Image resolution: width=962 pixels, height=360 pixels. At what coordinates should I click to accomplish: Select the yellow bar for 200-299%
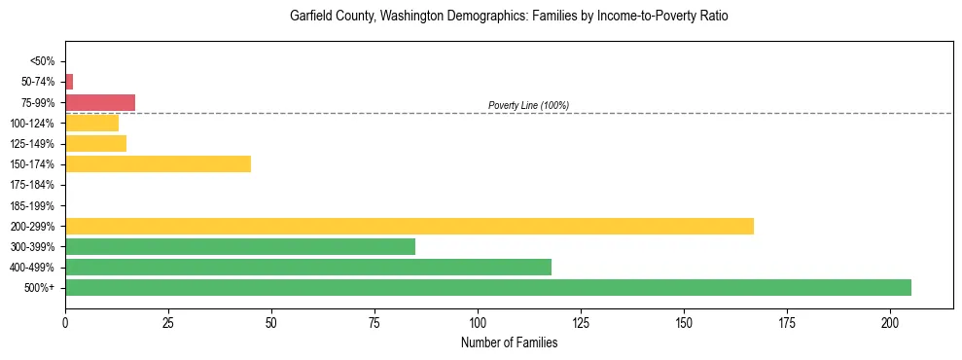[410, 226]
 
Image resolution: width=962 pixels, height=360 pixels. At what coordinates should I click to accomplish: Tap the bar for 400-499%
[308, 267]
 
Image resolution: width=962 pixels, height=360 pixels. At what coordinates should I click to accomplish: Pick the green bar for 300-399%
[240, 246]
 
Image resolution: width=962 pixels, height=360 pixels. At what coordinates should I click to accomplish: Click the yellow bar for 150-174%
[158, 163]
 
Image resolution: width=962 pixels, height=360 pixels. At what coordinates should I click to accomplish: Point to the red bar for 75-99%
[100, 102]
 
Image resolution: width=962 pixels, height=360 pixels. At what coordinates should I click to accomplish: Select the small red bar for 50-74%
[69, 82]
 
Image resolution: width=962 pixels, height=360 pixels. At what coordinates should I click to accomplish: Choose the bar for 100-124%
[91, 123]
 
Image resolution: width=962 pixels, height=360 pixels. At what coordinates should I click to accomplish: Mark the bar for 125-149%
[95, 143]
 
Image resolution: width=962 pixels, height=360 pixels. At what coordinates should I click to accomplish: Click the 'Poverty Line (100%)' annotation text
[528, 105]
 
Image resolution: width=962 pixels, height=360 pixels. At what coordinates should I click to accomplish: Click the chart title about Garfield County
[509, 17]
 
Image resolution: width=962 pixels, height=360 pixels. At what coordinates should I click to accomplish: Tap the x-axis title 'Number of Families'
[509, 342]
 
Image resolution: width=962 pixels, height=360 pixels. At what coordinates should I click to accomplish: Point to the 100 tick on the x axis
[478, 322]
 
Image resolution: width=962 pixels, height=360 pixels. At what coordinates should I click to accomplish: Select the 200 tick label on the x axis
[890, 322]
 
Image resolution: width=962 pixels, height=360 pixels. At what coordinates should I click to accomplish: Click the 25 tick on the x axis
[168, 322]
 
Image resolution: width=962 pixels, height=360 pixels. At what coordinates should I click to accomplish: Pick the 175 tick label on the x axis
[787, 322]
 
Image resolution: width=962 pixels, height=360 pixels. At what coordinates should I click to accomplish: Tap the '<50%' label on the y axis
[43, 61]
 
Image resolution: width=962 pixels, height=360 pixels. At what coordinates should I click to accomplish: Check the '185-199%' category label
[35, 205]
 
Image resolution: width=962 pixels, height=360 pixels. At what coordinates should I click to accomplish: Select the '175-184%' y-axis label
[35, 185]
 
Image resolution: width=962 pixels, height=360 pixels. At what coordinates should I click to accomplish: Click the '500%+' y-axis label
[41, 288]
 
